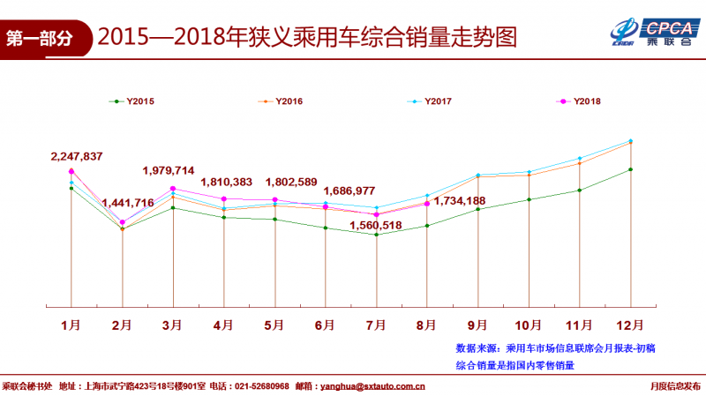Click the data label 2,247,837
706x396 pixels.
(77, 156)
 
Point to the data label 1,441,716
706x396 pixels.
(128, 203)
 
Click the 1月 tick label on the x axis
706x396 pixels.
(71, 325)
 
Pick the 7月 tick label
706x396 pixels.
(377, 325)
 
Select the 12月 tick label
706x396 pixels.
(630, 325)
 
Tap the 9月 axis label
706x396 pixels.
(478, 325)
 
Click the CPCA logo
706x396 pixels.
(653, 32)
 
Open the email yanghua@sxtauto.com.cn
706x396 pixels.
(372, 385)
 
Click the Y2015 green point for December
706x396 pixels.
(630, 169)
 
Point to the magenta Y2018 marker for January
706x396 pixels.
(71, 171)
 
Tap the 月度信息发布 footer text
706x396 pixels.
(675, 385)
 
